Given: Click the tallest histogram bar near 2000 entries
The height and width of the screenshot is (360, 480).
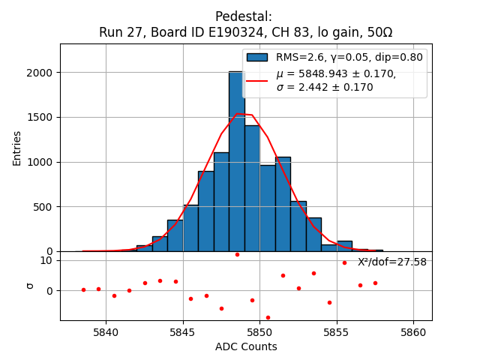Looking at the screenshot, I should coord(236,161).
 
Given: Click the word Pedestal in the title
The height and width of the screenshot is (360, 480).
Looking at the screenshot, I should coord(244,16).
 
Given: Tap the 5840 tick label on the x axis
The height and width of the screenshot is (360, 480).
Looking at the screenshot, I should coord(106,331).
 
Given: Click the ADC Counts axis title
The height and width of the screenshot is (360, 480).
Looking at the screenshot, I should coord(246,346).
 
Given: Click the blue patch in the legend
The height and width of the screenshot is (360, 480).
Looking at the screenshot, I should coord(257,57).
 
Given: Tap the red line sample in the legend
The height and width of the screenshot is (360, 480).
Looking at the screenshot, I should coord(257,80).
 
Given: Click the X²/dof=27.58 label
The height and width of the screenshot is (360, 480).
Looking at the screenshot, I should coord(391,262).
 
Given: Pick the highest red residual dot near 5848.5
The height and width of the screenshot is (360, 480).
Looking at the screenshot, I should coord(237,254).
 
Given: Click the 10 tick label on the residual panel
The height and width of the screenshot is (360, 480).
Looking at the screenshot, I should coord(46,260).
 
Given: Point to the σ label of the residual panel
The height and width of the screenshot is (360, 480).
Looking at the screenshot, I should coord(30,285).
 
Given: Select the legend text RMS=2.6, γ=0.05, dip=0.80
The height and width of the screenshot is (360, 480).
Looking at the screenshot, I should coord(349,57).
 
